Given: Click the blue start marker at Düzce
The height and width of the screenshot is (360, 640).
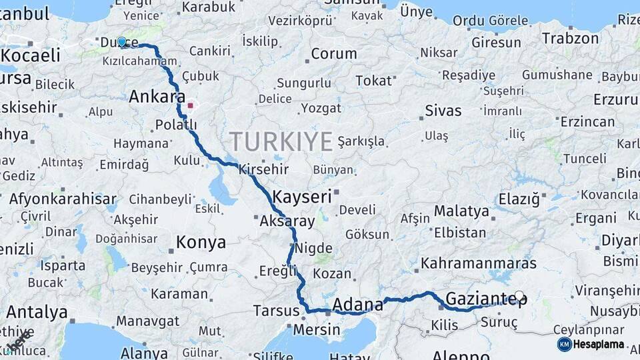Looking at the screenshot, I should pos(121,42).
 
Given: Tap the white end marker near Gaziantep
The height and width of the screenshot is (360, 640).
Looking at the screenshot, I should pos(519,295).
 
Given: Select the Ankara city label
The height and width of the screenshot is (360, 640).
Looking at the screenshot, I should pos(157,97).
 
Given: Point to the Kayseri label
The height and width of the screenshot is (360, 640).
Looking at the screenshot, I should pos(302,197).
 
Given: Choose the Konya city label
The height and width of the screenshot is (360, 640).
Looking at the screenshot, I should pos(201,243).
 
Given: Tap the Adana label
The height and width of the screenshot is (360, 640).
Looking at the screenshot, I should pos(358,305).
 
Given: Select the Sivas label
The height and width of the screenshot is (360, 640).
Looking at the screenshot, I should pos(443,110).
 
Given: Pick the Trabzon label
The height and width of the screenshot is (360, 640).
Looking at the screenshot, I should pos(570,38).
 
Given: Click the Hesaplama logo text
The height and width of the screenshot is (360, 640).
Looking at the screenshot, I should pos(599,344).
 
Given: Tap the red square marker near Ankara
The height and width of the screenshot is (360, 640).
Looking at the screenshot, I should pos(191,105).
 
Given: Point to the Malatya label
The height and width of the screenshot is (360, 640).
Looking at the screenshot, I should pos(462,211).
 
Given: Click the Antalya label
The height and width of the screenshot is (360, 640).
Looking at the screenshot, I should pos(37,312).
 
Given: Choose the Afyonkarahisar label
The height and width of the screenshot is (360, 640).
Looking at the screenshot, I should pos(63,199).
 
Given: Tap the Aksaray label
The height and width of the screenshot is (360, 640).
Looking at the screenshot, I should pos(287,221).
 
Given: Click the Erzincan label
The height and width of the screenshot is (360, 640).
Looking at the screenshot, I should pos(588,122).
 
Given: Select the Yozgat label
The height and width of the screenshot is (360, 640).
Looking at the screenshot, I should pos(321,107).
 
